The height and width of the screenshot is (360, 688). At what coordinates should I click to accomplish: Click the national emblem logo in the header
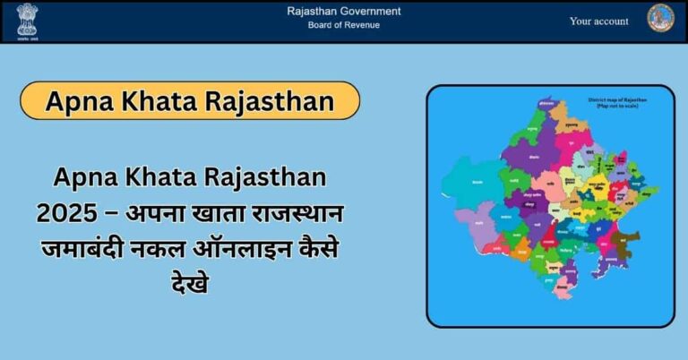pyautogui.click(x=28, y=20)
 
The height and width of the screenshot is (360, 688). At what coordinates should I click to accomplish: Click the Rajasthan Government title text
pyautogui.click(x=343, y=12)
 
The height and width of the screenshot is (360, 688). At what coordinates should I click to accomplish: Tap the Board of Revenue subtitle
pyautogui.click(x=343, y=25)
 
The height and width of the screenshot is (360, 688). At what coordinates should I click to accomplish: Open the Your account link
pyautogui.click(x=598, y=21)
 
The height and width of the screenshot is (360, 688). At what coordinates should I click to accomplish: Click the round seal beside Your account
pyautogui.click(x=661, y=18)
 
